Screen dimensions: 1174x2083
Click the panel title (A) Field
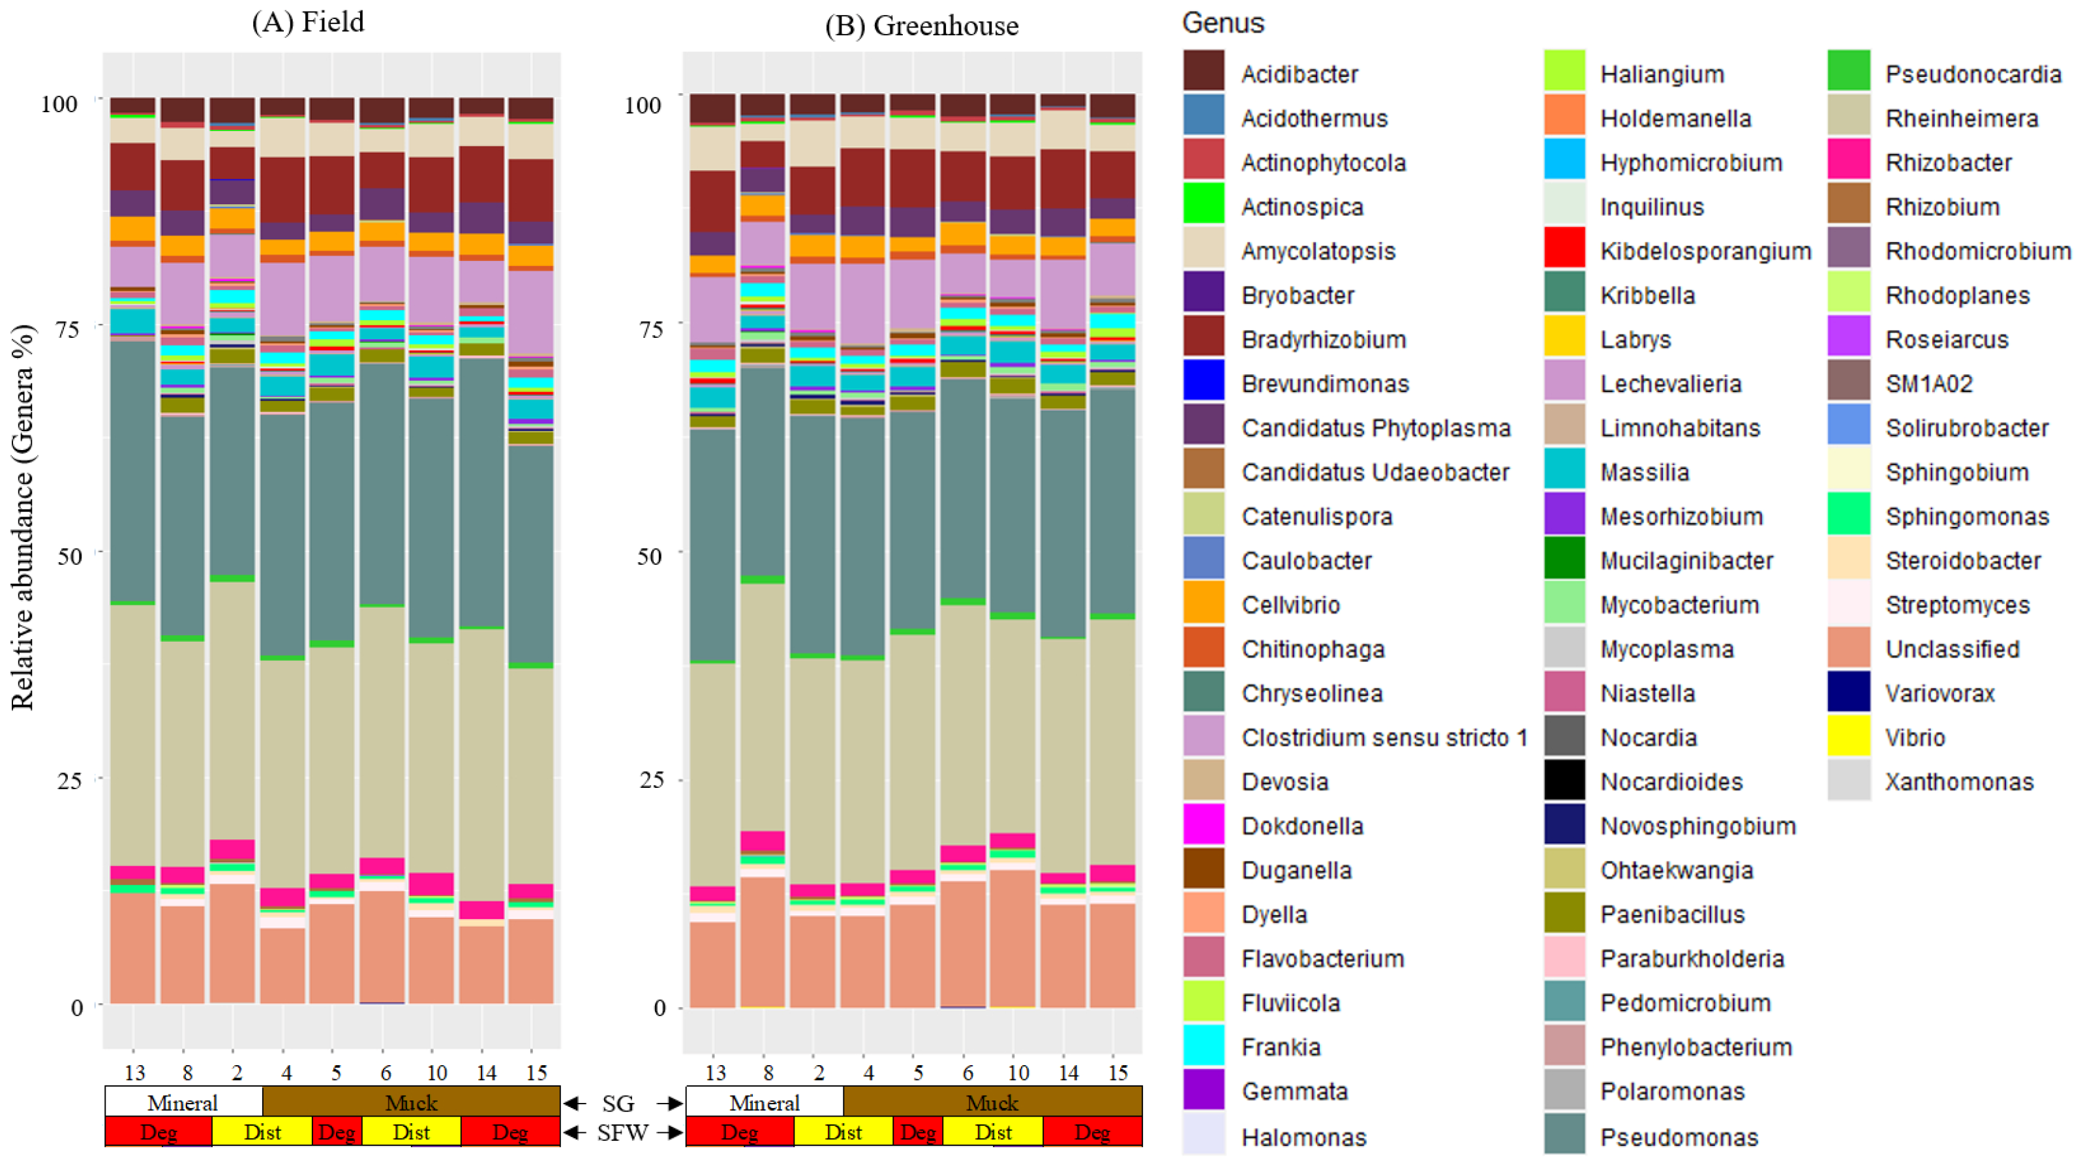pos(308,22)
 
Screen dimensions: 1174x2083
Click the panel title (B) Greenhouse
pos(921,26)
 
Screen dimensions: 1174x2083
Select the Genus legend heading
pos(1223,23)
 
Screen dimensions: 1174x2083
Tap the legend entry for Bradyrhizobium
pos(1323,340)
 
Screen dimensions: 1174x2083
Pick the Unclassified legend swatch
pos(1849,648)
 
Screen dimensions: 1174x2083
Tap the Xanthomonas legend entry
pos(1958,781)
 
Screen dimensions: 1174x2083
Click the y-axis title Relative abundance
pos(23,517)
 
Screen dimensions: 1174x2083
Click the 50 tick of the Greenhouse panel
pos(648,556)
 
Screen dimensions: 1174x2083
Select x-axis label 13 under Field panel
pos(134,1073)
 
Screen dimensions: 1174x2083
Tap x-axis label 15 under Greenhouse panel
pos(1118,1073)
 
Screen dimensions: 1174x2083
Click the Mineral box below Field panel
pos(183,1103)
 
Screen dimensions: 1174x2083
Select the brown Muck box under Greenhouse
pos(992,1103)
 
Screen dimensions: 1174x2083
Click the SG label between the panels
pos(618,1104)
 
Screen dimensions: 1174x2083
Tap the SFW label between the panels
pos(622,1133)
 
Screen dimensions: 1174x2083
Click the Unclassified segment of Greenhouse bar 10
pos(1012,938)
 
